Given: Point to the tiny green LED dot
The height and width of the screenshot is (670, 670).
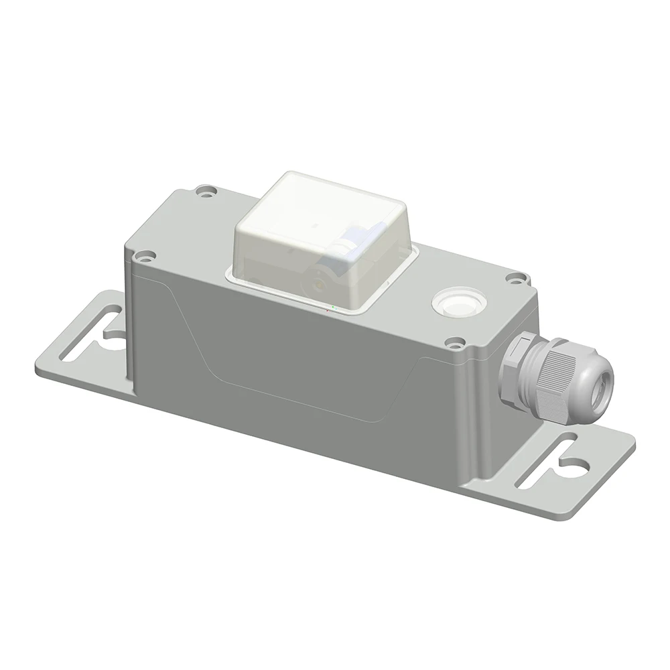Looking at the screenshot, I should [334, 307].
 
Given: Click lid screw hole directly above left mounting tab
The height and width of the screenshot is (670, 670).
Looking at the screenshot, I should [143, 255].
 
